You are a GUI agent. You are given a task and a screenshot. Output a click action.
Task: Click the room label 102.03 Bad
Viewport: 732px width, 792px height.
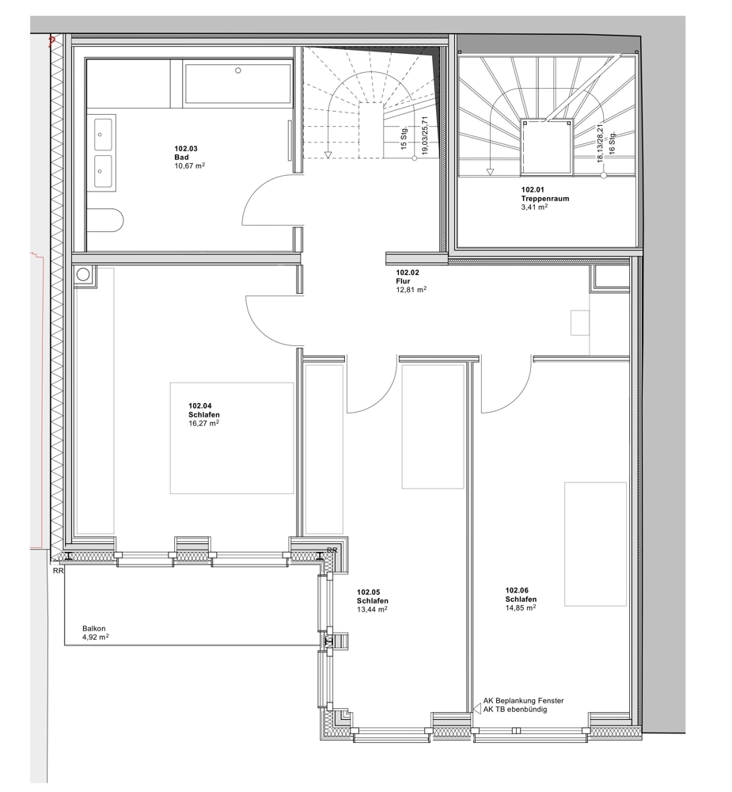186,153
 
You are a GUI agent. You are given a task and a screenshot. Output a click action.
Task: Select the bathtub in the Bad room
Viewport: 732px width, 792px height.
238,83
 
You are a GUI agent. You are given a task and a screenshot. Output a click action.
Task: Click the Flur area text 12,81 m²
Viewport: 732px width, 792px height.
412,289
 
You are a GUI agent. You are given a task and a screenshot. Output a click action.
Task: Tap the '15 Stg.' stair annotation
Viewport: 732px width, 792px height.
404,138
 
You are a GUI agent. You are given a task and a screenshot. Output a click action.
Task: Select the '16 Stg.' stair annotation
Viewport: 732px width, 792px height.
612,143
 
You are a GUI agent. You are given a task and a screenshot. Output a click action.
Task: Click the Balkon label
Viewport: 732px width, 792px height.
94,628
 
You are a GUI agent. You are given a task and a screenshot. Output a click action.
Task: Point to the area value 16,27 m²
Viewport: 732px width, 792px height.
203,423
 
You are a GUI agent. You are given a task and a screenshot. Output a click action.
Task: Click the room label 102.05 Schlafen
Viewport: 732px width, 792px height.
373,596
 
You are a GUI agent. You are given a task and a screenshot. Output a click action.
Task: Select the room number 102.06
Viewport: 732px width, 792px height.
517,590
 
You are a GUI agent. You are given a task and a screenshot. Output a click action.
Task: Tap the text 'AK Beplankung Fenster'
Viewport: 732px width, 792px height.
524,701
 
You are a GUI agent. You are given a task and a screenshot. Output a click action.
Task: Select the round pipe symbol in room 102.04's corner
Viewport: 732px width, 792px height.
83,275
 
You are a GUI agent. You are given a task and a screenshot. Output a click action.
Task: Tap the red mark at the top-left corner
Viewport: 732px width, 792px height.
51,41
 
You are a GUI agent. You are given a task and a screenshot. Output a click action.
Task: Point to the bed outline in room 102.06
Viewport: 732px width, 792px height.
595,543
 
